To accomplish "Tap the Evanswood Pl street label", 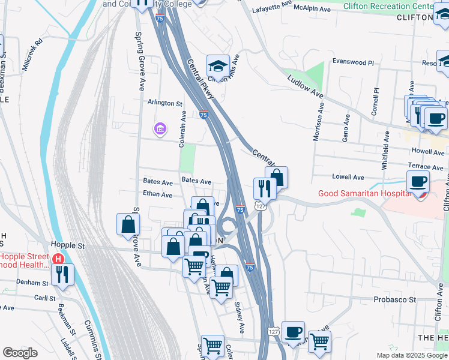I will [x=354, y=62].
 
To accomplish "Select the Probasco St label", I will [x=394, y=299].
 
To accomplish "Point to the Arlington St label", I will [x=165, y=103].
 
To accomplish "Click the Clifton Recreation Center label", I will [x=388, y=5].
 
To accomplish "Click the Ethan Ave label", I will [x=157, y=195].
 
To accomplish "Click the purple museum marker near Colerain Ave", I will [x=160, y=128].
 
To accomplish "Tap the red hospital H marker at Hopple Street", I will [x=58, y=259].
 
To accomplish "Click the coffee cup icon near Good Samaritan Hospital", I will [x=418, y=181].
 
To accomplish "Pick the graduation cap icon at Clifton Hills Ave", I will [x=218, y=64].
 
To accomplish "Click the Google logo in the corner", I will [x=20, y=353].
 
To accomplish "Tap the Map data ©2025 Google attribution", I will [x=412, y=355].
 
